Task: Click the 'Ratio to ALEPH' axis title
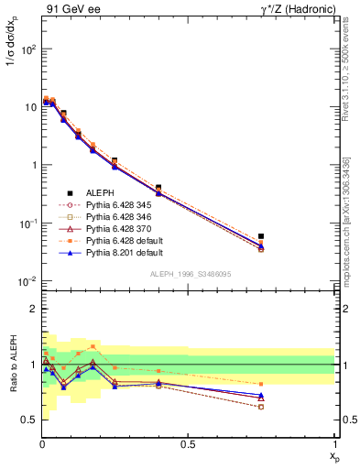pyautogui.click(x=12, y=365)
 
